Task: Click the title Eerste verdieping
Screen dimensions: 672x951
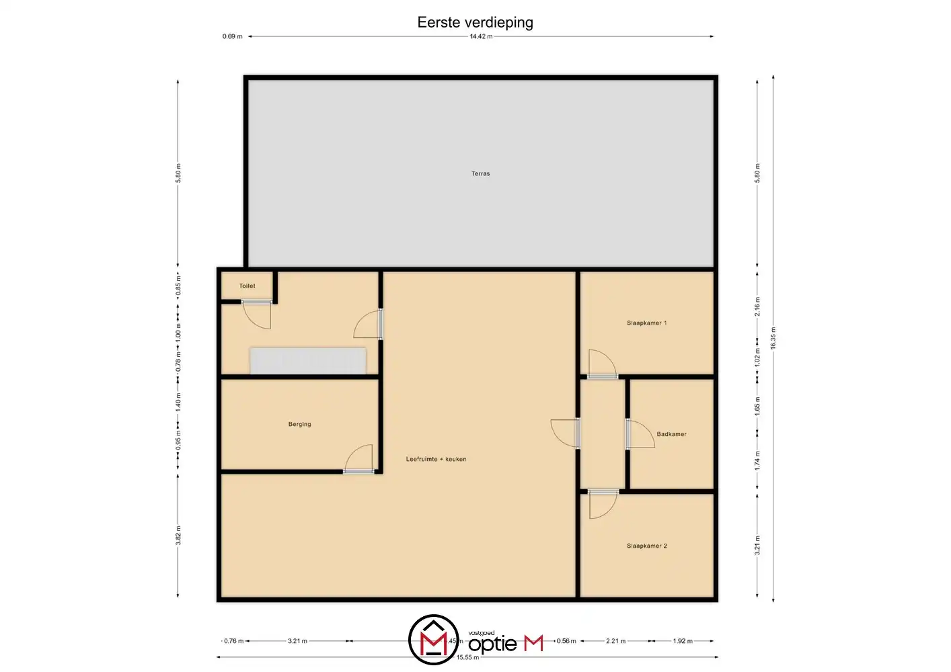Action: tap(475, 22)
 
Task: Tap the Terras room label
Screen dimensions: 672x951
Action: tap(480, 173)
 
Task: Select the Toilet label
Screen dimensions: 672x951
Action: tap(248, 286)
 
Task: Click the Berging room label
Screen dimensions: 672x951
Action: tap(299, 424)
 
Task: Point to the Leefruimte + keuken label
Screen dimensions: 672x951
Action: tap(436, 459)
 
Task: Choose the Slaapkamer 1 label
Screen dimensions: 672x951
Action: tap(646, 323)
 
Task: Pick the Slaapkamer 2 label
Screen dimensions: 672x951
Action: tap(646, 546)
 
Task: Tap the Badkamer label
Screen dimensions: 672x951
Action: tap(671, 434)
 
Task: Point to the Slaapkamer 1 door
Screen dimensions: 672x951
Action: tap(602, 365)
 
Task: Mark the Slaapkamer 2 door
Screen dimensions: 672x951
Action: tap(602, 503)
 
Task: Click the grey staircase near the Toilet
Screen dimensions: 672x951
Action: tap(308, 360)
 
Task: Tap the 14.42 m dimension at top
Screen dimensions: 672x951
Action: tap(481, 36)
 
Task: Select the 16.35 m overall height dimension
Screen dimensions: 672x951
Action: tap(773, 338)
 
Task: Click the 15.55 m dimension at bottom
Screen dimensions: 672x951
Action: tap(468, 657)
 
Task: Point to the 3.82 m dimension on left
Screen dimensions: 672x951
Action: tap(178, 535)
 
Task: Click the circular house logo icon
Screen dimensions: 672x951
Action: tap(433, 639)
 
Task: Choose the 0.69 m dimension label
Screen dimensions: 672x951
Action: tap(233, 36)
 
